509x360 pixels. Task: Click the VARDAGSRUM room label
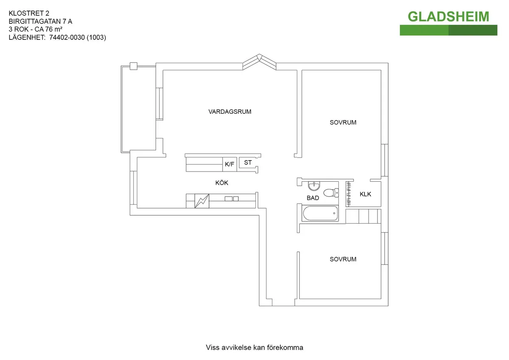tap(230, 112)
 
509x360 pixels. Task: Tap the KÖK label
tap(221, 183)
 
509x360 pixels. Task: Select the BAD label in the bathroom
tap(313, 198)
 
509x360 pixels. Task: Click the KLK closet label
tap(365, 194)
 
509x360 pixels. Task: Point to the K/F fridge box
tap(229, 164)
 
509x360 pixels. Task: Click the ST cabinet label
tap(248, 163)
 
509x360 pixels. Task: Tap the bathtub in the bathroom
tap(320, 213)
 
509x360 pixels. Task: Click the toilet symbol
tap(331, 193)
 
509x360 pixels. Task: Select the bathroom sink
tap(314, 186)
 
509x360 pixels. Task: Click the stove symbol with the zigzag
tap(202, 201)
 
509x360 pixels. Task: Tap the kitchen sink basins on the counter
tap(232, 199)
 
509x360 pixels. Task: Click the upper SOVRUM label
tap(343, 122)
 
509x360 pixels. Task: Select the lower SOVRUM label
tap(343, 259)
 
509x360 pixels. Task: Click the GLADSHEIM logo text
tap(448, 17)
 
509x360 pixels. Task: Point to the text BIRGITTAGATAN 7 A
tap(40, 21)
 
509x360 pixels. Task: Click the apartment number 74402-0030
tap(67, 37)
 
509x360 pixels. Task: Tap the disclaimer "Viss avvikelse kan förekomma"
tap(255, 347)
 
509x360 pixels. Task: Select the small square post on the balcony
tap(134, 66)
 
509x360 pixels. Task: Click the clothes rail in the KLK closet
tap(348, 194)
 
